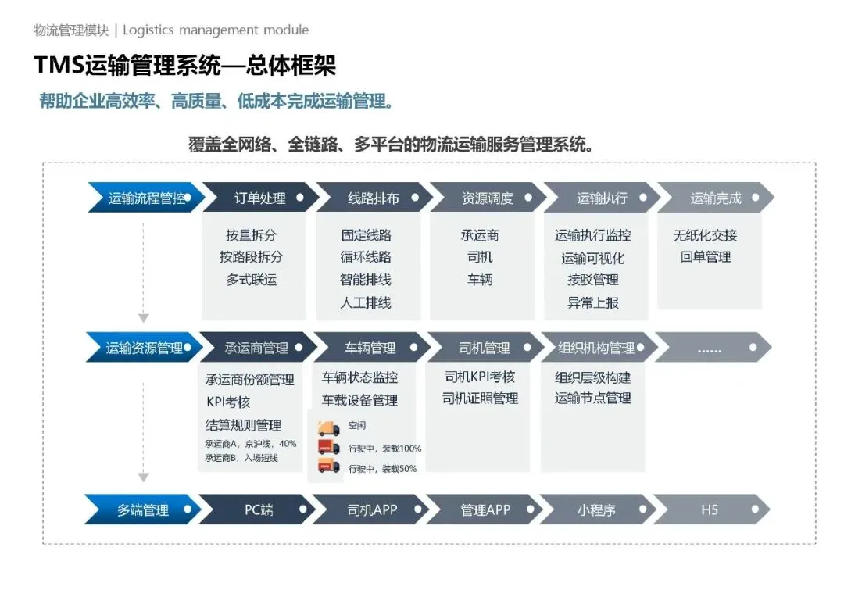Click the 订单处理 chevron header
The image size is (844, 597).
(x=260, y=198)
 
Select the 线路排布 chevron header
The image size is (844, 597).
(x=374, y=198)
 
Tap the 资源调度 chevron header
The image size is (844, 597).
(x=488, y=198)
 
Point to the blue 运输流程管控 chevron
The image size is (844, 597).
(x=146, y=198)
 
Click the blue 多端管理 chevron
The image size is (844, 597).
(x=143, y=510)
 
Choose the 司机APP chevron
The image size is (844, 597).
(x=372, y=510)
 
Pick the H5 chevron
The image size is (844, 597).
(x=710, y=510)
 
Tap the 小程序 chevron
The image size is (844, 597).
(x=597, y=510)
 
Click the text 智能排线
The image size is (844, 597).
(x=366, y=280)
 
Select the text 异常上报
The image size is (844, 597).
(x=593, y=302)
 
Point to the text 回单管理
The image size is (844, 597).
(x=706, y=257)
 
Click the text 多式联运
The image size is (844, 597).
(x=252, y=280)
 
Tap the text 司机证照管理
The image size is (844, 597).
(x=480, y=399)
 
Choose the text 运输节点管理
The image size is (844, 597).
(x=593, y=399)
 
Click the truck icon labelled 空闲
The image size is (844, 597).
(x=328, y=427)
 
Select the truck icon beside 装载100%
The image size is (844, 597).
(x=328, y=448)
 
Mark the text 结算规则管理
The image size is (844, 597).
(x=243, y=425)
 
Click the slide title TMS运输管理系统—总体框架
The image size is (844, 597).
(x=185, y=66)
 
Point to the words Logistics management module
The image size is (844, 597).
(x=216, y=30)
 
